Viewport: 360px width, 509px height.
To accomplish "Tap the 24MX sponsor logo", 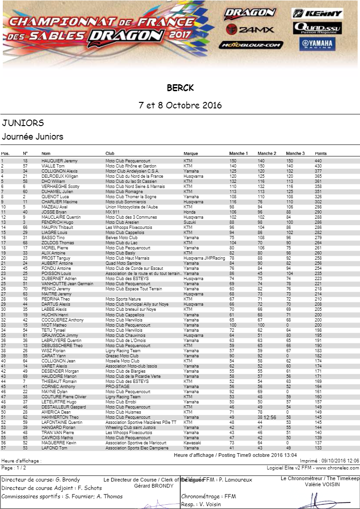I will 250,30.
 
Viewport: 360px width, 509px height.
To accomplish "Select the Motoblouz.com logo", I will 251,45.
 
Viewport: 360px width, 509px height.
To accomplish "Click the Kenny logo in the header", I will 318,13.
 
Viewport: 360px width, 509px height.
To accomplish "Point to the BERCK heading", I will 180,88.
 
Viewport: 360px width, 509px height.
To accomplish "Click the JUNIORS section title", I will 23,123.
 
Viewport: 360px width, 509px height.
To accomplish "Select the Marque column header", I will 191,154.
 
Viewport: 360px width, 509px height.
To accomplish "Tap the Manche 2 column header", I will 267,154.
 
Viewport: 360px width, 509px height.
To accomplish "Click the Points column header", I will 320,154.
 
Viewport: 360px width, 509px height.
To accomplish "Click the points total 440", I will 318,161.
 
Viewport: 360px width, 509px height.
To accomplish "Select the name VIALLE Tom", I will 53,166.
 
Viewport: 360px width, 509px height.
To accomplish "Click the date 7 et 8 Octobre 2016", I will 180,105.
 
